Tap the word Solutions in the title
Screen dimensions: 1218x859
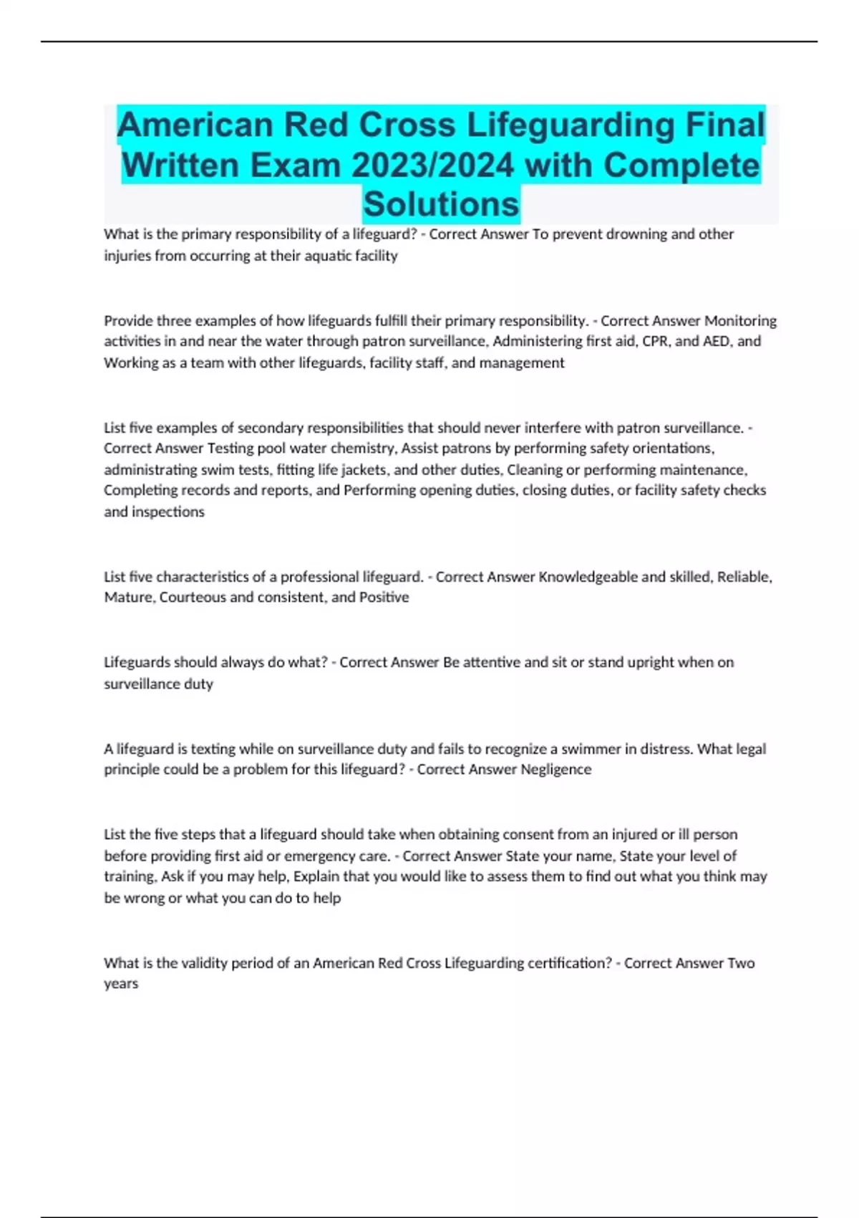pos(441,204)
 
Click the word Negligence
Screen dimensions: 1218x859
pos(555,769)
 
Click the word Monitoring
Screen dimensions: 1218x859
pos(741,320)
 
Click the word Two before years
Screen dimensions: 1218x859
pos(741,964)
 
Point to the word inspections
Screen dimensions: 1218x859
pos(168,512)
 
